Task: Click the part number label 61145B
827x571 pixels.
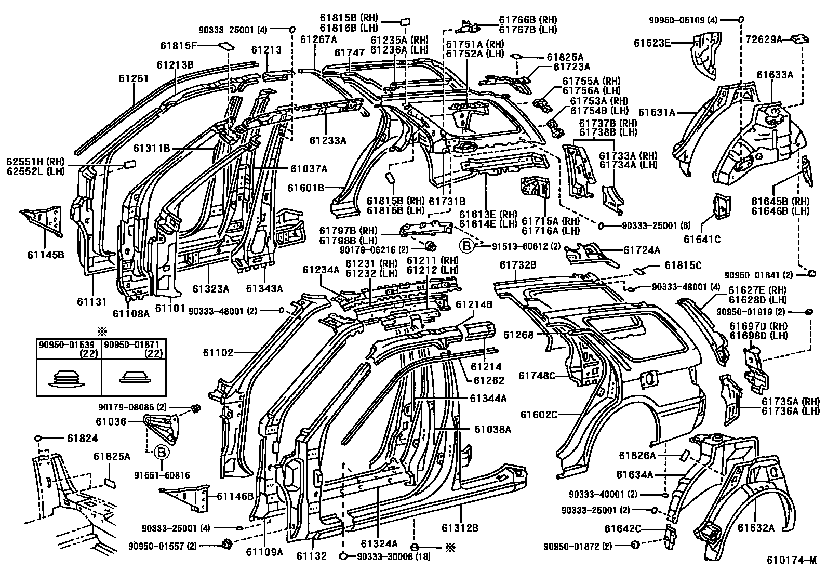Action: click(45, 255)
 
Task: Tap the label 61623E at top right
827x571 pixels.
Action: click(652, 43)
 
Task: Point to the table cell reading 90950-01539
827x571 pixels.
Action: click(69, 344)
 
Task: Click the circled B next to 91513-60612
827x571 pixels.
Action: click(467, 246)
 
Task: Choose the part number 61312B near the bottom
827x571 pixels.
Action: click(460, 528)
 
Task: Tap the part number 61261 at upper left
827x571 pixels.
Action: click(134, 78)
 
